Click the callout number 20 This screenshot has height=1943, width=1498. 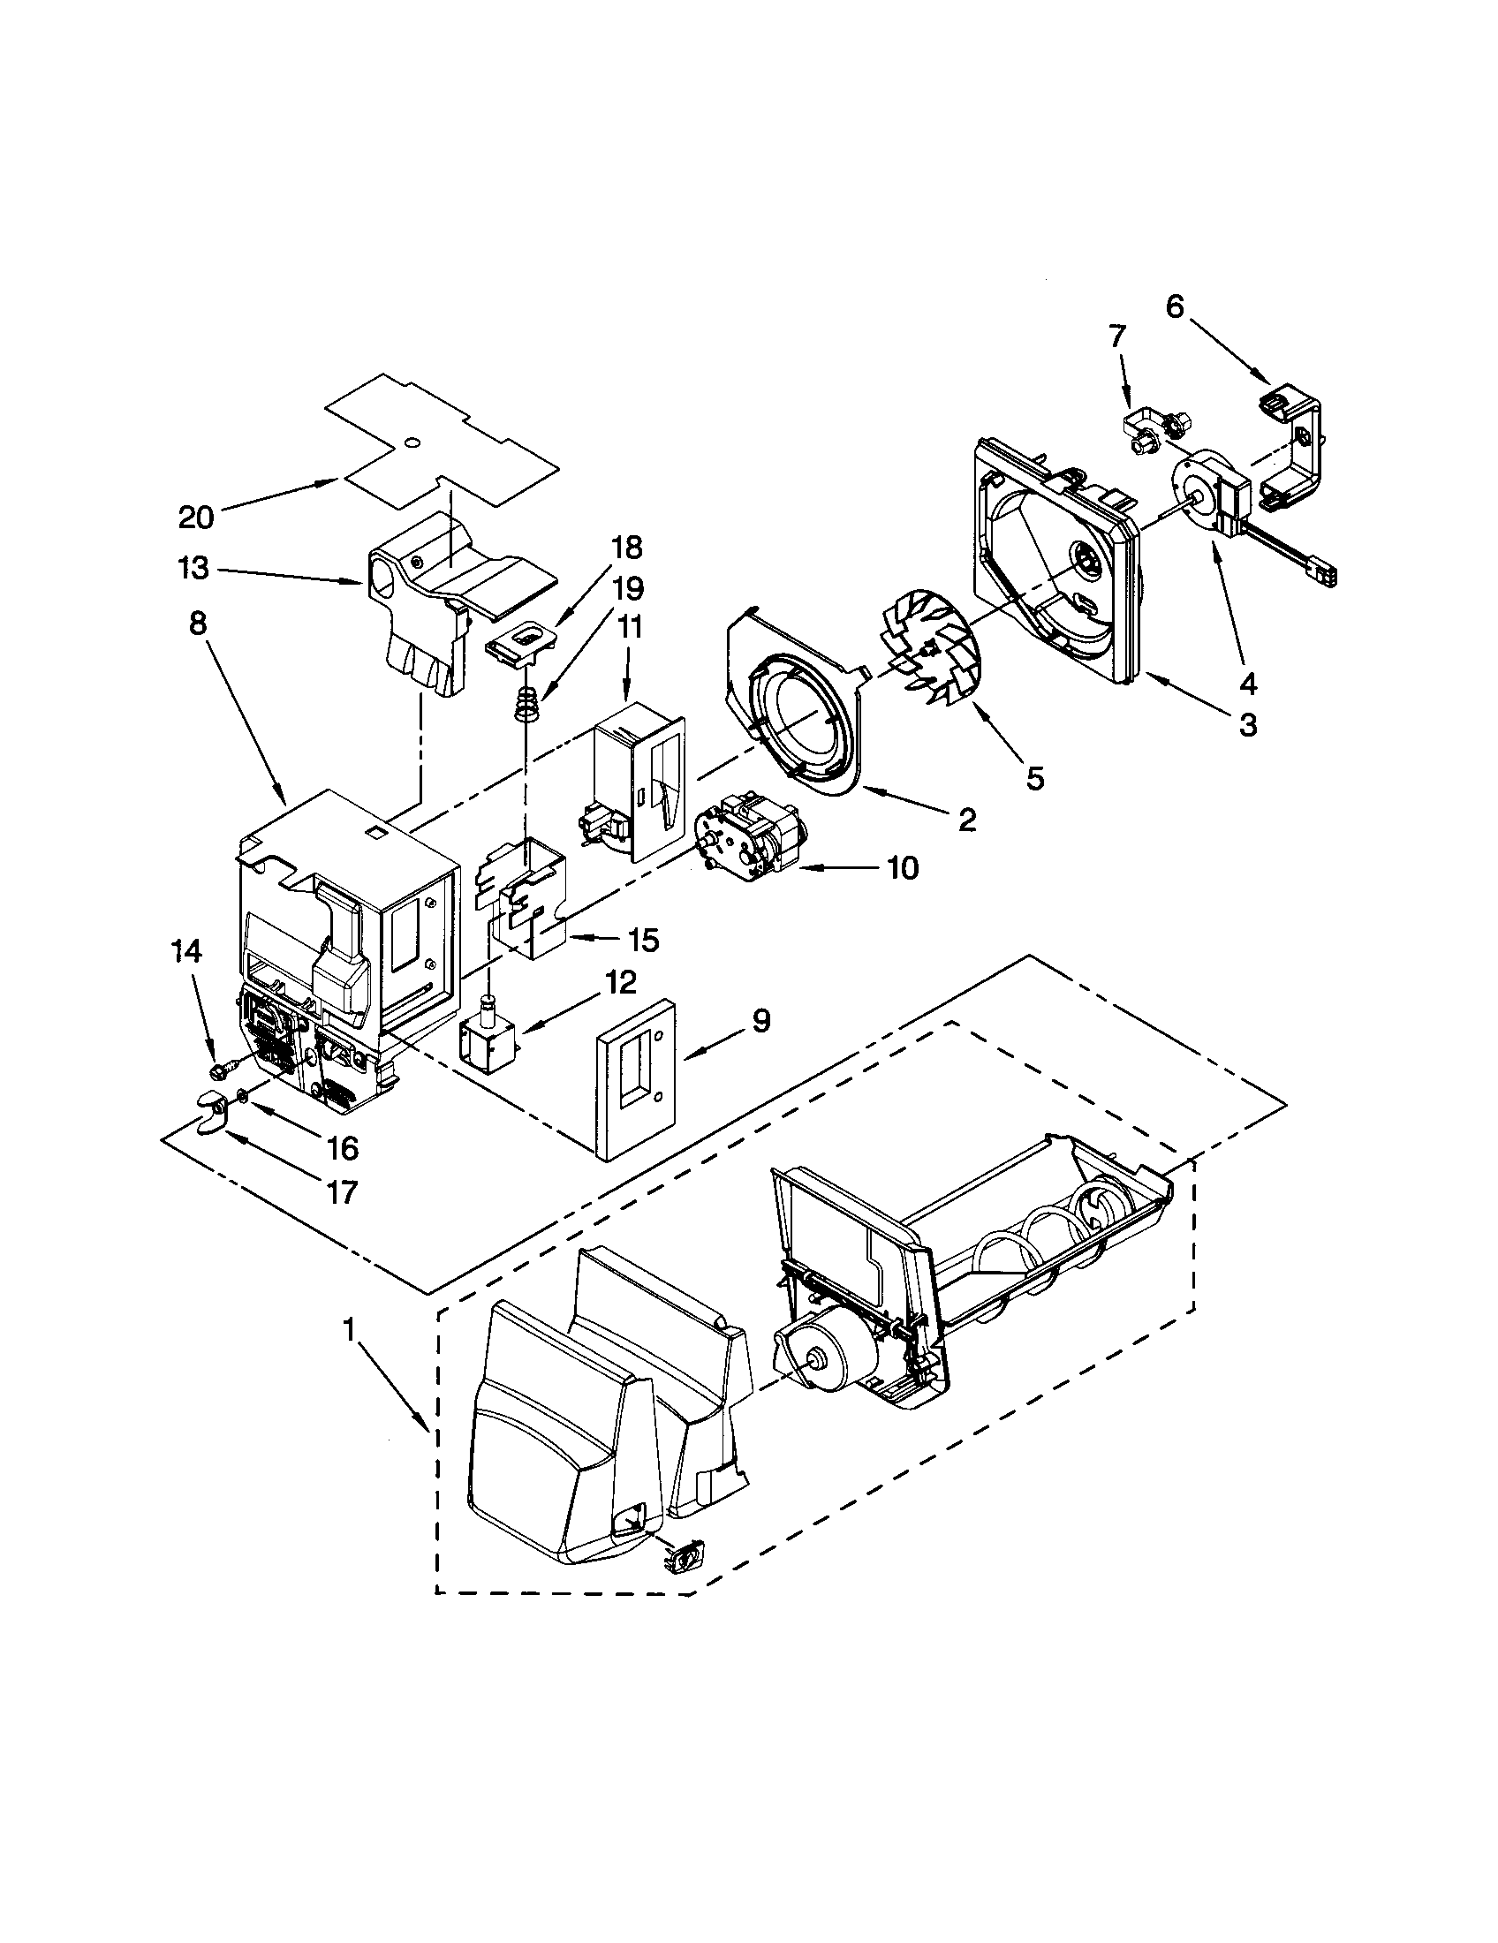click(x=196, y=517)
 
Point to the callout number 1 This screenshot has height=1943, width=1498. click(x=349, y=1331)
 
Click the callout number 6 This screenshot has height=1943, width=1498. click(x=1175, y=307)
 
